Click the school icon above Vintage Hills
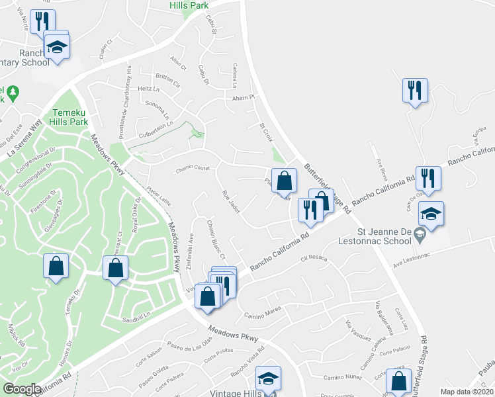[268, 378]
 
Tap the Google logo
[22, 389]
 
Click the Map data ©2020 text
[466, 392]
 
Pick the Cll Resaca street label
[314, 259]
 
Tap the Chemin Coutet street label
[193, 169]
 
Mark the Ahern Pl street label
[243, 97]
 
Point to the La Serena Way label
[26, 139]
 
